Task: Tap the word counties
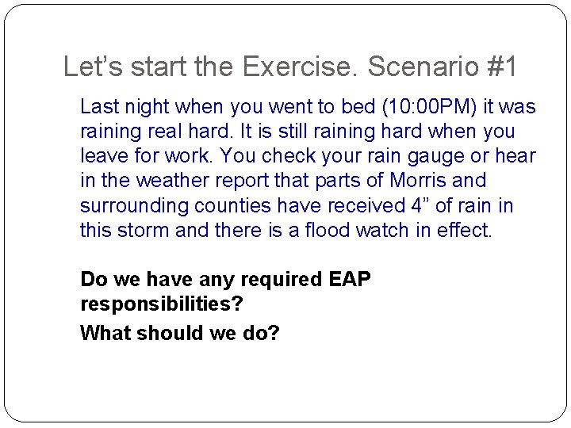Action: click(x=226, y=206)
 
